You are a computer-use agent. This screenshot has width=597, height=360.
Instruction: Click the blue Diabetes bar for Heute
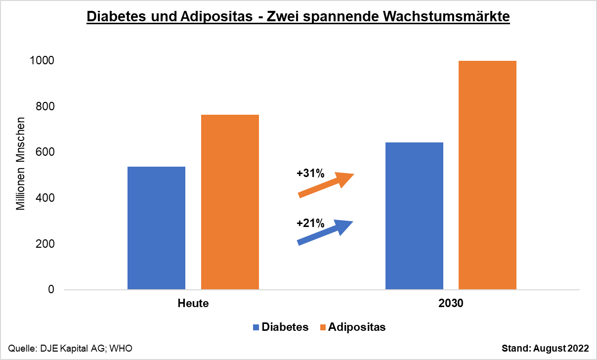(x=156, y=228)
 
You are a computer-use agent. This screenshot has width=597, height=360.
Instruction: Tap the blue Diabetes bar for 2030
(x=414, y=216)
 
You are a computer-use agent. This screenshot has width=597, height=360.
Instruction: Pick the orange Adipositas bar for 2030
(x=487, y=175)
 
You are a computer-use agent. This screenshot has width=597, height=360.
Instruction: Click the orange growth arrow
(x=326, y=185)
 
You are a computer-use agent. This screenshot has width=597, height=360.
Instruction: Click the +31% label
(x=310, y=174)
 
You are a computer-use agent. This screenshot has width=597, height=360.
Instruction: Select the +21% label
(x=310, y=224)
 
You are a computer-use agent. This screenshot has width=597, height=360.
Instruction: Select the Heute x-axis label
(x=193, y=304)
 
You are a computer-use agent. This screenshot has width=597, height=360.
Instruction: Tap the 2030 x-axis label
(x=451, y=304)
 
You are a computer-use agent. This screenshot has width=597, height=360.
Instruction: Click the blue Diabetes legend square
(x=256, y=327)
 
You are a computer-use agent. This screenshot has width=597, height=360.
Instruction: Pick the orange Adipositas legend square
(x=323, y=327)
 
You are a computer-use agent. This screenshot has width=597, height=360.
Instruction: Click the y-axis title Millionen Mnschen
(x=20, y=164)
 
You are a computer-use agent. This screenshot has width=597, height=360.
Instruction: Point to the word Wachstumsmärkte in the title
(x=445, y=16)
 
